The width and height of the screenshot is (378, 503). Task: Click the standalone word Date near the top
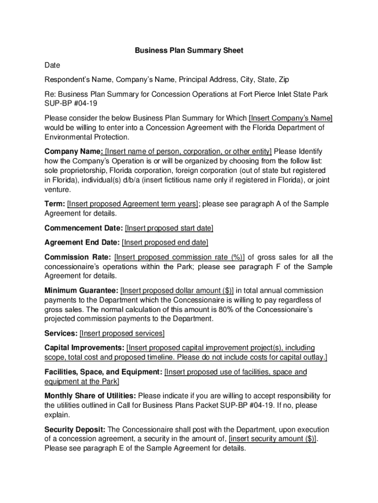point(53,65)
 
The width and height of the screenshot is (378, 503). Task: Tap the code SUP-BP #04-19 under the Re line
point(71,104)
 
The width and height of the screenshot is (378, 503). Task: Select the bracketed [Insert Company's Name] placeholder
point(291,118)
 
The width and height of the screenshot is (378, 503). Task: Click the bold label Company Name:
point(74,151)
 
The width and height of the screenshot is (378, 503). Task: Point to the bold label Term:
point(54,204)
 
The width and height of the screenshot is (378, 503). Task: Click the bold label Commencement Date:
point(83,228)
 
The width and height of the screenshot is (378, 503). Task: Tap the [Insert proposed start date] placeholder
point(169,228)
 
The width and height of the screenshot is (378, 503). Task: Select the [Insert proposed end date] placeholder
point(165,243)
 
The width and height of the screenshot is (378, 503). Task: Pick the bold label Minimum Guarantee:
point(81,290)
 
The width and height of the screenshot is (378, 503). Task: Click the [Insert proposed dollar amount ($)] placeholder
point(177,290)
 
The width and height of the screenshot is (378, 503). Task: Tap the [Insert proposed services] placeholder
point(122,334)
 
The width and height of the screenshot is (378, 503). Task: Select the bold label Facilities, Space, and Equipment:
point(103,372)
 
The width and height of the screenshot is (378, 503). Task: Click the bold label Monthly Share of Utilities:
point(91,396)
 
